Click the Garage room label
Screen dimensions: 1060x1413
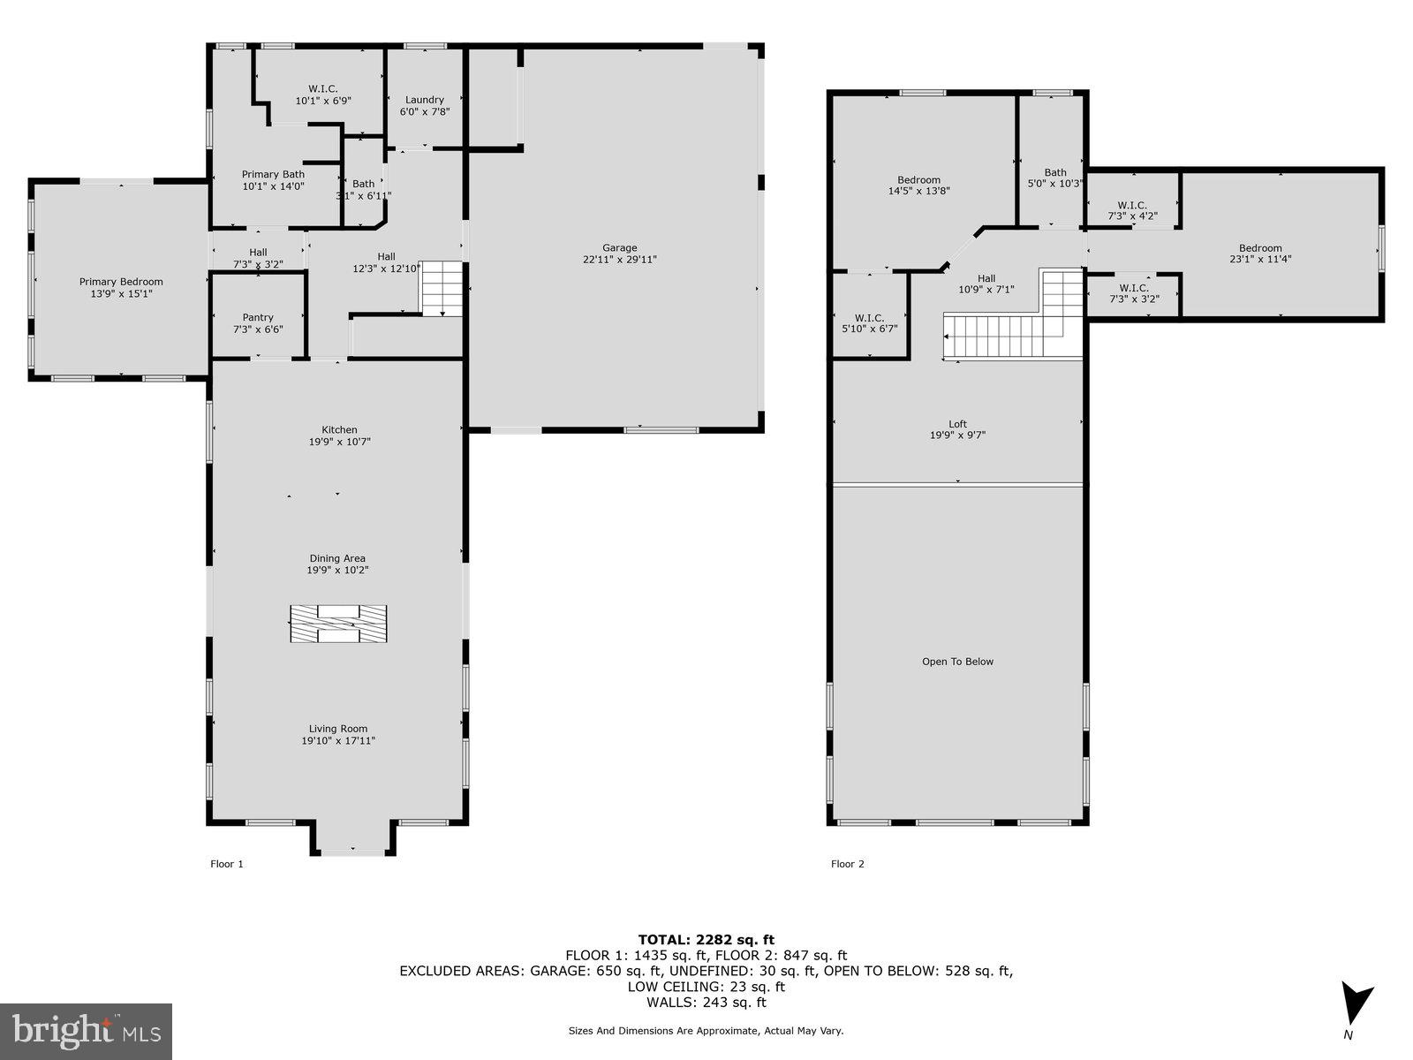pos(619,248)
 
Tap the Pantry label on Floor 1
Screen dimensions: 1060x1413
pos(258,317)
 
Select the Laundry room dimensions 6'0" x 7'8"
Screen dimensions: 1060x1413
pos(424,112)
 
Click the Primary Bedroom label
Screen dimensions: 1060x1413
pos(121,282)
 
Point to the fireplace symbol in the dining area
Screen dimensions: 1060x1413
pos(337,624)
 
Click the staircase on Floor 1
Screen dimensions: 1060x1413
pos(442,288)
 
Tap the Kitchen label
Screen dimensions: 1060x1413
pos(339,430)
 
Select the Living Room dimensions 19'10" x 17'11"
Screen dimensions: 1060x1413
pos(338,741)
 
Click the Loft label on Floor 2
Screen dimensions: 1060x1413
pos(957,424)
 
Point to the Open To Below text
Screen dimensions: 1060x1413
pos(957,662)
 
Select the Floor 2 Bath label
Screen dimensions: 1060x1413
pos(1054,172)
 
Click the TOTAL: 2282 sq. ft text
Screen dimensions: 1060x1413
pos(706,940)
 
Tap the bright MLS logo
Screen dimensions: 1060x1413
pos(86,1028)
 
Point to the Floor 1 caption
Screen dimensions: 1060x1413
pos(226,864)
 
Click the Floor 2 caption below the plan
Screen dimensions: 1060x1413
pos(847,864)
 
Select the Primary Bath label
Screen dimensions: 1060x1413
pos(273,174)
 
